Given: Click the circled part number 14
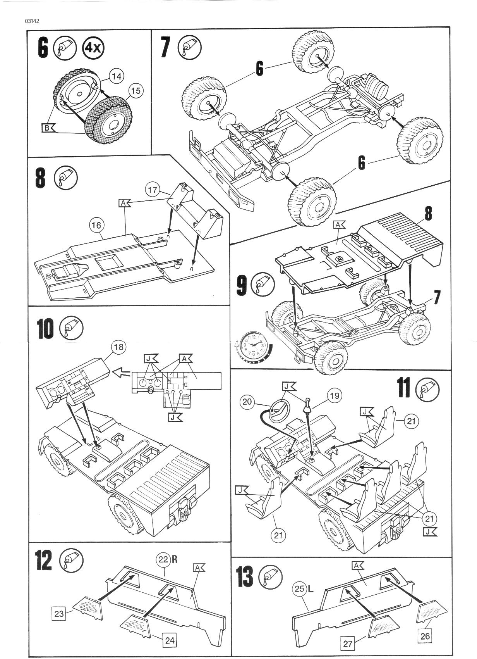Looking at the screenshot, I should [116, 76].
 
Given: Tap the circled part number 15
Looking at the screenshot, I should [135, 91].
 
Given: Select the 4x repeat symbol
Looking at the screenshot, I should [93, 48].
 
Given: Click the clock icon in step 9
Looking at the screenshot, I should [252, 345].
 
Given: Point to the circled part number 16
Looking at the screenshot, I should [97, 224].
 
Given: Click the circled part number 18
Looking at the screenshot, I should [118, 346].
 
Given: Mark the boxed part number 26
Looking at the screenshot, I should [425, 636].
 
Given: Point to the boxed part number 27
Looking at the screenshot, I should [348, 644].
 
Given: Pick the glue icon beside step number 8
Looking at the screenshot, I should [66, 178].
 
